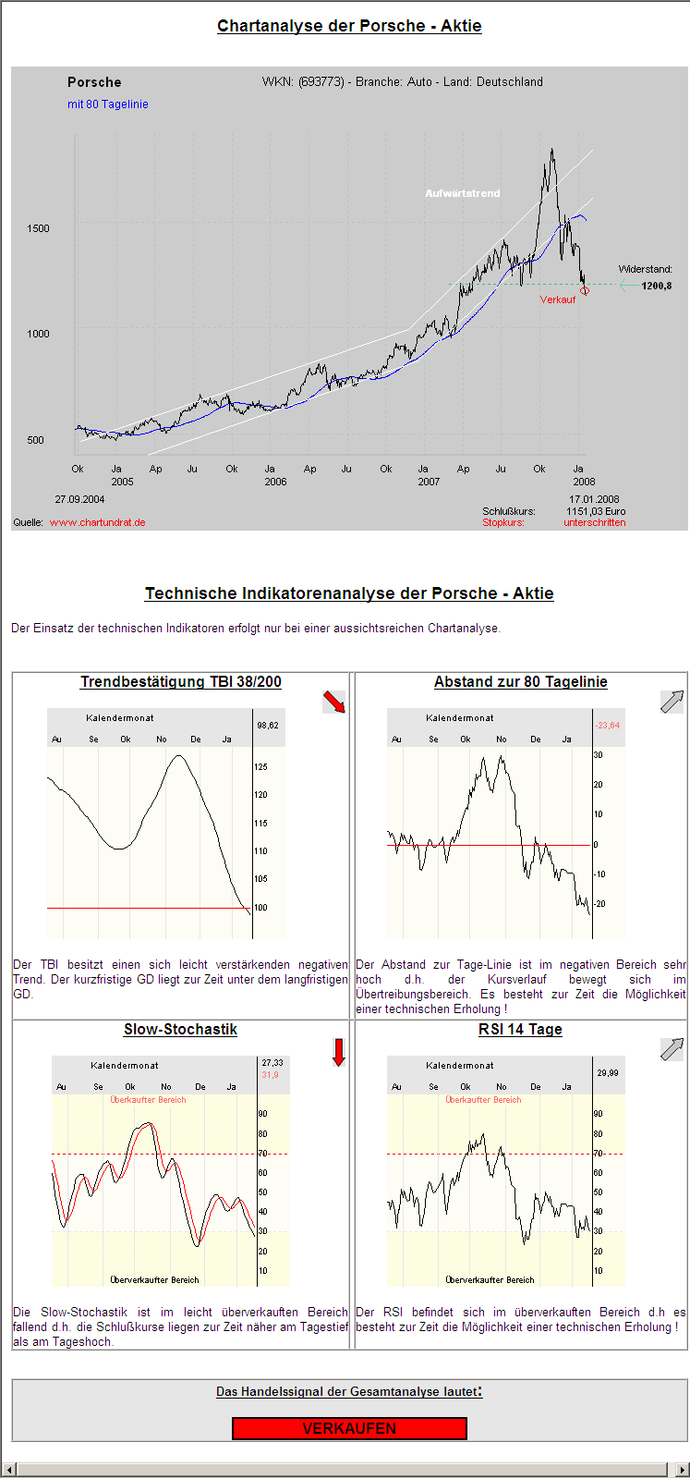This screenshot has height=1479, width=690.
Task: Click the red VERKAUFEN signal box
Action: [x=349, y=1428]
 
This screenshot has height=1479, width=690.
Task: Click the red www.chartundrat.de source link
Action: [x=97, y=522]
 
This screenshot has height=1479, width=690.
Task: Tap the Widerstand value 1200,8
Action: [x=656, y=286]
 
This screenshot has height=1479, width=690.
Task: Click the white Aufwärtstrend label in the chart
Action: [x=462, y=193]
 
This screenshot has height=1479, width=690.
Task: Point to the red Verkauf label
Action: [x=558, y=299]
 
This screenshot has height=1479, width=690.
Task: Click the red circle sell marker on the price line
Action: [x=585, y=290]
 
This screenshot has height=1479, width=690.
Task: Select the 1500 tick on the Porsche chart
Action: [x=38, y=228]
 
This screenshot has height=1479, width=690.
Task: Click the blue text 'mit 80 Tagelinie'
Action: [x=107, y=104]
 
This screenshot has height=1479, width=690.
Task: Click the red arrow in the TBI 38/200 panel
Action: [x=333, y=703]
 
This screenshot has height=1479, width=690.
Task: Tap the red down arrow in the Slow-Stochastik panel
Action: [x=338, y=1052]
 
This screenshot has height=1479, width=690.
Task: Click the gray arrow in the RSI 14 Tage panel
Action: [x=672, y=1049]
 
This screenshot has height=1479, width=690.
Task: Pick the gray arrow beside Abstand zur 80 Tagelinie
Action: [x=672, y=702]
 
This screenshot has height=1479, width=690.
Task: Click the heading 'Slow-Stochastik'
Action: [x=180, y=1030]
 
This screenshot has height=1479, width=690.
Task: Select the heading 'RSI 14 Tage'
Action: [x=520, y=1030]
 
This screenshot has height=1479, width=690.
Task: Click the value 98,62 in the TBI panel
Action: [x=268, y=726]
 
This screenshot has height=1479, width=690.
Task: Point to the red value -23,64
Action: [x=608, y=726]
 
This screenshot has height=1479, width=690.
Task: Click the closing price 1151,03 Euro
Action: [x=596, y=511]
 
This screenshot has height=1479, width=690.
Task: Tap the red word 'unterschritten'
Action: [x=594, y=522]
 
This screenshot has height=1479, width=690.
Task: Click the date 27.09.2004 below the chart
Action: [x=79, y=500]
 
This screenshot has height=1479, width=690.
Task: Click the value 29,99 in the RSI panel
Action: [x=608, y=1073]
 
